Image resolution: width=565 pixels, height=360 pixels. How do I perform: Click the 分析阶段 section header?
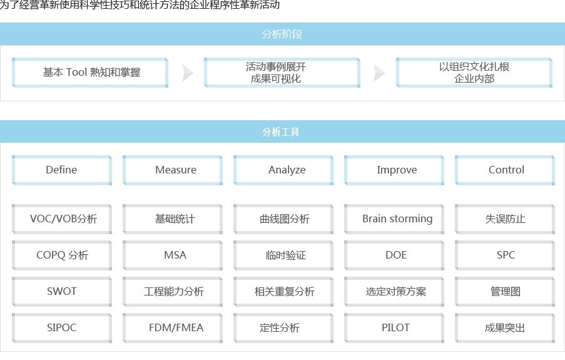click(x=283, y=34)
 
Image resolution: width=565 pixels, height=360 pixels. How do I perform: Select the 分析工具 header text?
click(x=281, y=132)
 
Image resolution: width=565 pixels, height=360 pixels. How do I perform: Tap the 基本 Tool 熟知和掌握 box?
click(x=90, y=73)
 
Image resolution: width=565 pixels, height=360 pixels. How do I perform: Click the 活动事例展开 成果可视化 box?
click(x=282, y=73)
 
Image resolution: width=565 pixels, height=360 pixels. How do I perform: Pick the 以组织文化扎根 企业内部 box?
click(x=474, y=73)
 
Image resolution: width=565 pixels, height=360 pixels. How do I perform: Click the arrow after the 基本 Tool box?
click(x=188, y=73)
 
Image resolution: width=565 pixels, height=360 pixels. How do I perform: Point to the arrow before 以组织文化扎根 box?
click(x=379, y=73)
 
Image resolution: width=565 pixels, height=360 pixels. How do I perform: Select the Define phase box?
click(x=62, y=170)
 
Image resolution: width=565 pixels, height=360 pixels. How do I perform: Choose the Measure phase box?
click(x=173, y=170)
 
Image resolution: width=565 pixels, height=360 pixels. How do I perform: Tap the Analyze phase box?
click(x=283, y=170)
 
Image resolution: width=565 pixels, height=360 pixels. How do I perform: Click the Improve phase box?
click(x=394, y=170)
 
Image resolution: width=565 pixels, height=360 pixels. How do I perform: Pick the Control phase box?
click(x=505, y=170)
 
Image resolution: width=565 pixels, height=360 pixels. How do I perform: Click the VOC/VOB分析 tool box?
click(x=62, y=219)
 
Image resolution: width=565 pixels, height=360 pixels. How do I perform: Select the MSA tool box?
click(x=173, y=255)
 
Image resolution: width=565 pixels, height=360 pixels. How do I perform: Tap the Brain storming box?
click(x=394, y=219)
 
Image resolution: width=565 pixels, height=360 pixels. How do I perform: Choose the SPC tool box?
click(x=505, y=255)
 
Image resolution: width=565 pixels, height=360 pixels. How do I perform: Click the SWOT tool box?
click(x=62, y=292)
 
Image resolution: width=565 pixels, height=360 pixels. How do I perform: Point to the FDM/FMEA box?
click(x=173, y=328)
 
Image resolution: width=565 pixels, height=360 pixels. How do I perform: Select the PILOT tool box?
click(x=394, y=328)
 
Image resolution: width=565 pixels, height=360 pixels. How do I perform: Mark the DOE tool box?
click(x=394, y=255)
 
